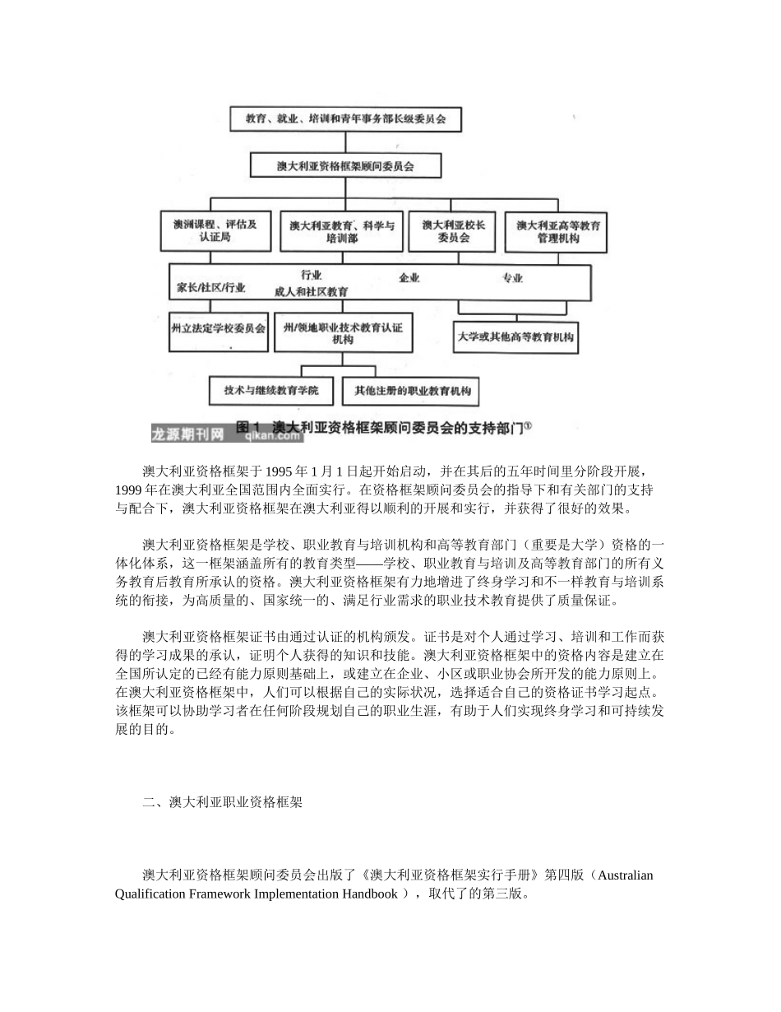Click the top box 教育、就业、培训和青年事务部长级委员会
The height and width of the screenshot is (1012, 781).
click(x=346, y=118)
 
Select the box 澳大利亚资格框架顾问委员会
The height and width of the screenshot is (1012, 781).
click(x=345, y=166)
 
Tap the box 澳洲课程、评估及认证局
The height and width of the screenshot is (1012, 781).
click(x=215, y=230)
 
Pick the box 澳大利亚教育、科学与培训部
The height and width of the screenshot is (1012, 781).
click(x=341, y=230)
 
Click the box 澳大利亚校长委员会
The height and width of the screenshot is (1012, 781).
click(x=453, y=230)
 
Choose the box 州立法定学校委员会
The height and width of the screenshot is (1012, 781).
click(x=218, y=328)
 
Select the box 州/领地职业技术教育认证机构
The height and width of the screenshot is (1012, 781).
click(x=343, y=332)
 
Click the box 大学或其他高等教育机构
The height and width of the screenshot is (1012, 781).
click(x=516, y=337)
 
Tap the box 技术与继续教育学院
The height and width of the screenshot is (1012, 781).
click(x=270, y=390)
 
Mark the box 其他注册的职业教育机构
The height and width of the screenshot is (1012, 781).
click(x=412, y=391)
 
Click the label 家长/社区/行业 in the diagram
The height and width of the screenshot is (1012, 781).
click(x=210, y=288)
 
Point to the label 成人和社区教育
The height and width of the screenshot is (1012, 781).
click(x=311, y=291)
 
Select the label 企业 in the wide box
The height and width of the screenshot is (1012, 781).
click(x=409, y=278)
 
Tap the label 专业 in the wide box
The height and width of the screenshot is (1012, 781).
click(x=512, y=278)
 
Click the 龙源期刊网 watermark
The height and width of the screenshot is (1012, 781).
click(x=187, y=434)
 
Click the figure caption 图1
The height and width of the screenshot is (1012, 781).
click(x=247, y=427)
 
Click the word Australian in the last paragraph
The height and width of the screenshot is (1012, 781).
click(x=625, y=875)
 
